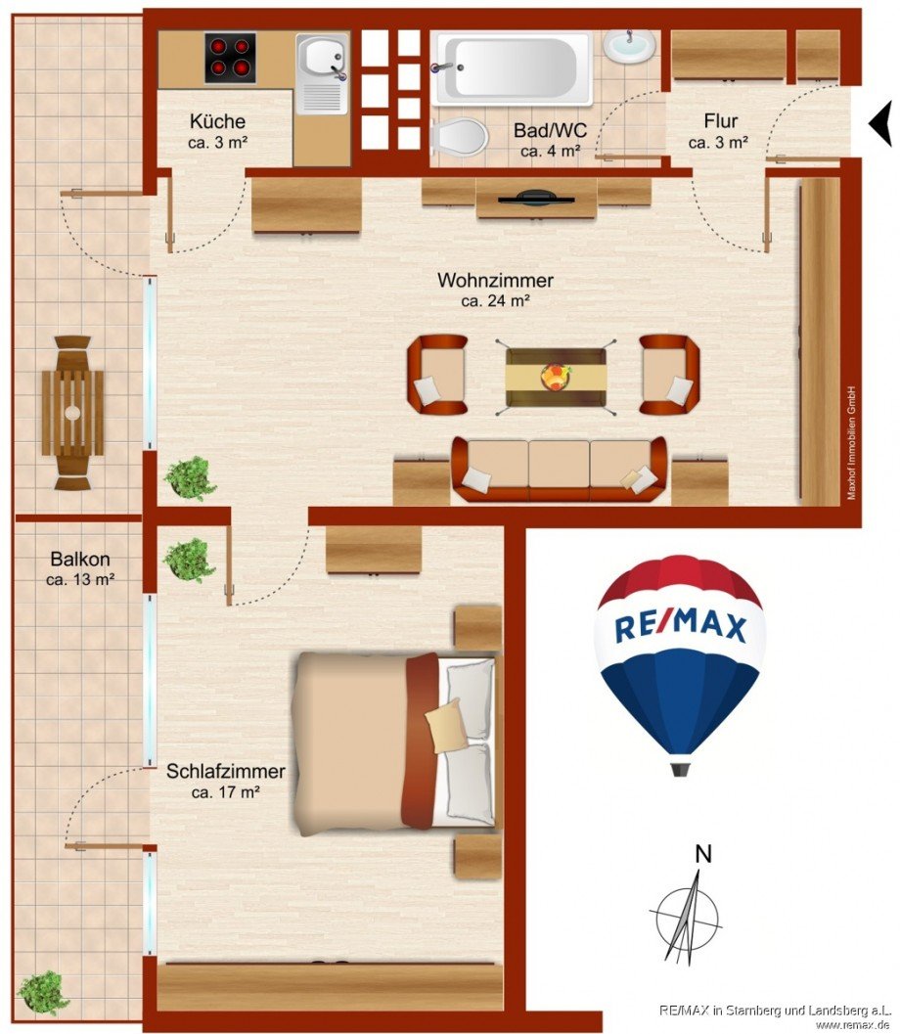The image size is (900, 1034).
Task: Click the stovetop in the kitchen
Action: click(x=231, y=58)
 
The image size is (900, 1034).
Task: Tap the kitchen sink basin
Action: click(x=321, y=57)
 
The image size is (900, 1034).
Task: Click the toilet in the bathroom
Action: click(x=459, y=137)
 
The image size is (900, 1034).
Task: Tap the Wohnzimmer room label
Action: click(x=495, y=281)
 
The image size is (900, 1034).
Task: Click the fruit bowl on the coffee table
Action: click(x=556, y=377)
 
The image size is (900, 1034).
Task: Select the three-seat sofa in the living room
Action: click(x=559, y=469)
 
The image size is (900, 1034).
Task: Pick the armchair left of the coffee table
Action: click(x=437, y=374)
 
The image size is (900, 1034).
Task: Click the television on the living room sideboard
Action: click(x=536, y=199)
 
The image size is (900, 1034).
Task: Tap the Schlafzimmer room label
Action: click(x=225, y=772)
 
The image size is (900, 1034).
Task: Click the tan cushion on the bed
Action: click(x=446, y=725)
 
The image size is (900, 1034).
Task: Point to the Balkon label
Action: click(x=80, y=560)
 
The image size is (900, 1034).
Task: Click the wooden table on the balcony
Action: click(x=72, y=412)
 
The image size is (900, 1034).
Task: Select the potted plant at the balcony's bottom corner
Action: click(x=44, y=991)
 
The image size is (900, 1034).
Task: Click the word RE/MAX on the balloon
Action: click(x=680, y=627)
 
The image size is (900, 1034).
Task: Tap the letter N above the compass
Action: click(x=702, y=853)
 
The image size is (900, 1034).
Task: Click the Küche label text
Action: click(x=217, y=122)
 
